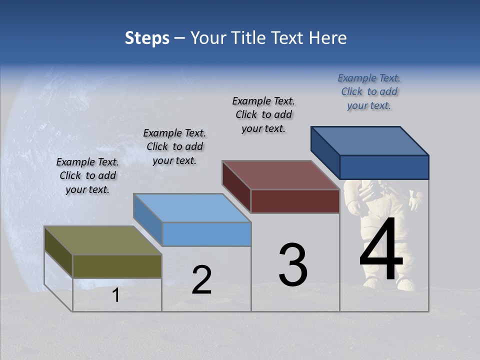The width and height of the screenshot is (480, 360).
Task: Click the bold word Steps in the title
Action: [x=147, y=38]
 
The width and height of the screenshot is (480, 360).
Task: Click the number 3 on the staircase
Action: [x=293, y=265]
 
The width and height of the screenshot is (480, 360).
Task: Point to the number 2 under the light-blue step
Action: [x=201, y=280]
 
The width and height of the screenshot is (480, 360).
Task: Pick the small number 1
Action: [x=115, y=295]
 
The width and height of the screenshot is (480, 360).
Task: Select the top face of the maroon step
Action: [x=280, y=175]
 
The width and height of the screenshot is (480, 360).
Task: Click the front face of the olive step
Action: [x=117, y=266]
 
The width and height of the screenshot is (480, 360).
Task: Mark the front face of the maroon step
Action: [x=295, y=201]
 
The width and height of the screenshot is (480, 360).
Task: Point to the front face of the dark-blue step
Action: [x=384, y=167]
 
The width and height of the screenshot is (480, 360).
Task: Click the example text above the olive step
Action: [x=87, y=176]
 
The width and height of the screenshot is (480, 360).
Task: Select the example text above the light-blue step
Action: [x=174, y=146]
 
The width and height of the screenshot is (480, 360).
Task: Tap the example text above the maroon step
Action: [x=263, y=114]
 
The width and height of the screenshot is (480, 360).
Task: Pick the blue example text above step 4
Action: [x=369, y=91]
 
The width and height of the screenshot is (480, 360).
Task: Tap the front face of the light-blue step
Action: [x=206, y=234]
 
